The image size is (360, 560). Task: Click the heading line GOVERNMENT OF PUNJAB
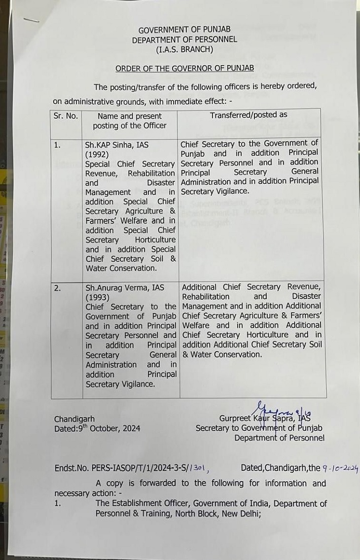pyautogui.click(x=184, y=30)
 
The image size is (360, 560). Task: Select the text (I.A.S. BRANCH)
pyautogui.click(x=184, y=49)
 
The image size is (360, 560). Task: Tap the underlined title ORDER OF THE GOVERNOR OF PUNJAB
pyautogui.click(x=184, y=68)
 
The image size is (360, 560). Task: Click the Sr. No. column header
pyautogui.click(x=66, y=116)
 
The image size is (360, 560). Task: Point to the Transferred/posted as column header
pyautogui.click(x=248, y=115)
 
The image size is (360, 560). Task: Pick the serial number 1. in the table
pyautogui.click(x=58, y=145)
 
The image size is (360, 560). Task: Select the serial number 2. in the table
pyautogui.click(x=58, y=288)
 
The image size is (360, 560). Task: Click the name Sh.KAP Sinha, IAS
pyautogui.click(x=117, y=145)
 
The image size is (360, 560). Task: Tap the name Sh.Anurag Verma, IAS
pyautogui.click(x=125, y=287)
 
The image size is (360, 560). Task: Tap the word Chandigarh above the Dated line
pyautogui.click(x=74, y=419)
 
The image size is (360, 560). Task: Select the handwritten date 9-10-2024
pyautogui.click(x=340, y=468)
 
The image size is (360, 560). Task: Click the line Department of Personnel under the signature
pyautogui.click(x=279, y=438)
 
